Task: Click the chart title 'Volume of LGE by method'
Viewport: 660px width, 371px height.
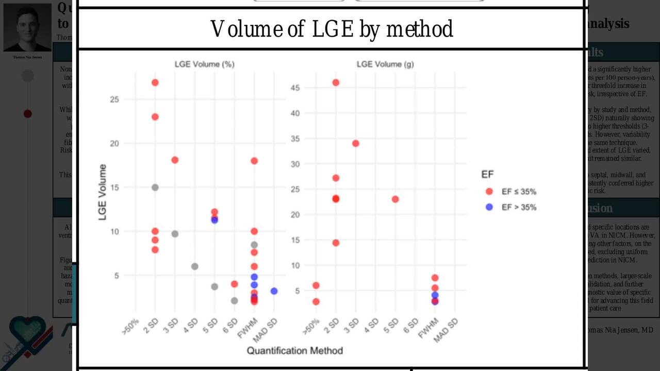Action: click(x=332, y=29)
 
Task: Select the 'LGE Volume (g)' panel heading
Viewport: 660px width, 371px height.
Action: click(x=385, y=64)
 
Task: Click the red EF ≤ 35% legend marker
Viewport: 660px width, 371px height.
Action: click(x=490, y=192)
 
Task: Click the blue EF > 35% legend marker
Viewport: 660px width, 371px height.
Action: click(x=490, y=207)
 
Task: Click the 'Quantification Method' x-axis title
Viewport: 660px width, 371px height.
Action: click(x=294, y=351)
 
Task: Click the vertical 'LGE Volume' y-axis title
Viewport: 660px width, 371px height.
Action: click(x=103, y=192)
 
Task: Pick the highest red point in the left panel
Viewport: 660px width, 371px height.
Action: click(x=155, y=82)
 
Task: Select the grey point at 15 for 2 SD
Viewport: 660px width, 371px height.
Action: click(x=155, y=187)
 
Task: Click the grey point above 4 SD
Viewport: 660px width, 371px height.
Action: click(x=194, y=266)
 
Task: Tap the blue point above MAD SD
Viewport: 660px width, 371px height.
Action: click(x=274, y=291)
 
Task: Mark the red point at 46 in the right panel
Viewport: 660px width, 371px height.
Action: click(x=336, y=82)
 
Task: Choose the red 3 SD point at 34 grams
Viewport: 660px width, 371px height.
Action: click(x=355, y=143)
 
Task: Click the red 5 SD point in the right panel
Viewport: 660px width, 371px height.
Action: click(x=395, y=199)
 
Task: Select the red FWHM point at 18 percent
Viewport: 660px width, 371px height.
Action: click(x=254, y=161)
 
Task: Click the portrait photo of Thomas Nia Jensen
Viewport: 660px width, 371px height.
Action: click(x=27, y=29)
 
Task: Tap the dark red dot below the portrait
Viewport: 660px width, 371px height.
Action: click(x=28, y=113)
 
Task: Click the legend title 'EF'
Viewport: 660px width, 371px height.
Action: click(x=487, y=175)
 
